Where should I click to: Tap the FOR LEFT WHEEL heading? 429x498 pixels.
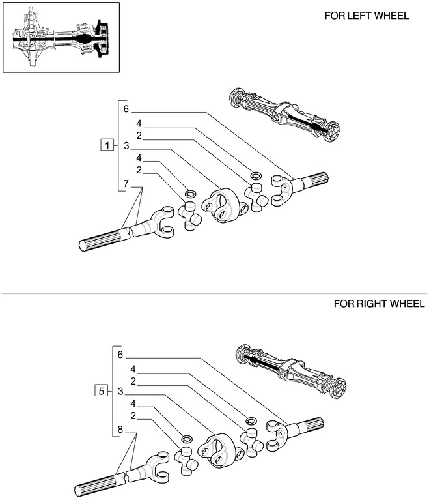point(367,15)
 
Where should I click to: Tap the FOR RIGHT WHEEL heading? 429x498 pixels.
point(370,304)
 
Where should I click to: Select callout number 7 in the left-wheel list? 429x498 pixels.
point(127,184)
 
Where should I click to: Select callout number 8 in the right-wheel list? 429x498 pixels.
point(120,429)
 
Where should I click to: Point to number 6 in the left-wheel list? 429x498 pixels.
point(126,109)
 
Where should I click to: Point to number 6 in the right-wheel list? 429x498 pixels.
point(120,355)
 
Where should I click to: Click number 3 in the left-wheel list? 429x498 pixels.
point(126,146)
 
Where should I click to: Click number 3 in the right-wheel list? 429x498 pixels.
point(120,392)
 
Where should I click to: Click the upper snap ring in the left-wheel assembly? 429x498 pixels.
point(256,175)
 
